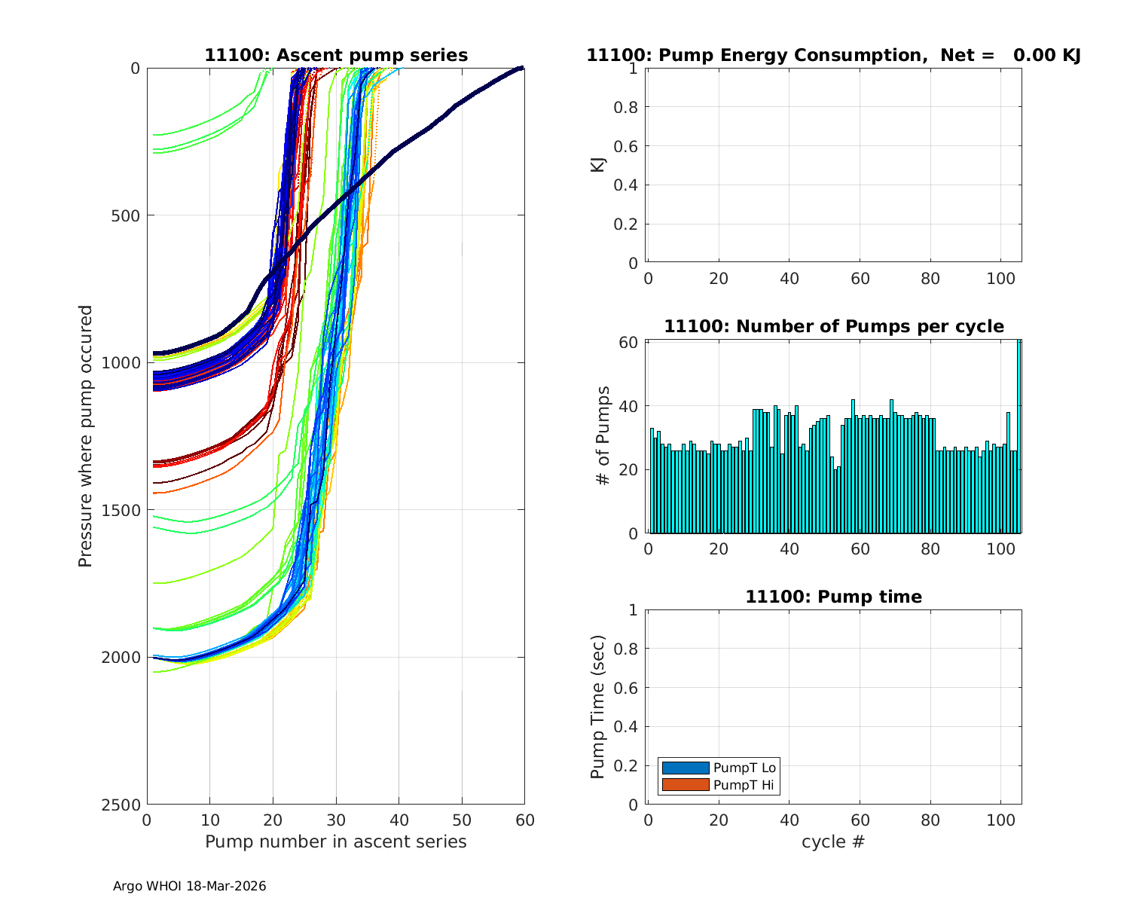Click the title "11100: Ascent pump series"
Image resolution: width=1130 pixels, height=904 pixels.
coord(336,56)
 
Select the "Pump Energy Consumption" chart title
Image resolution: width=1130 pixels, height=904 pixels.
coord(833,56)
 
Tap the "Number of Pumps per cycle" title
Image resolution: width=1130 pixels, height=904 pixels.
coord(833,327)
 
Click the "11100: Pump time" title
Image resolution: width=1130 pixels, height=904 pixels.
coord(833,597)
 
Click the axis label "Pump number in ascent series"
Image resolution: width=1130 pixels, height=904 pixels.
coord(336,842)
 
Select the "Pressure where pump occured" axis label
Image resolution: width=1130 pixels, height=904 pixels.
coord(86,436)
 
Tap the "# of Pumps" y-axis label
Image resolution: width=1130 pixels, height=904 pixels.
coord(603,436)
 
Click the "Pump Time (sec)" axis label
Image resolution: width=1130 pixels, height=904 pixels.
coord(598,707)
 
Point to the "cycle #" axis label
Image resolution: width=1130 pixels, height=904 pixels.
coord(833,842)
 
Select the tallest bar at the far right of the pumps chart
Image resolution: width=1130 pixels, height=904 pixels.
coord(1019,437)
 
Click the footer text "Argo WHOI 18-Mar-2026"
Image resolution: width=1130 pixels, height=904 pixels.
coord(189,887)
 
